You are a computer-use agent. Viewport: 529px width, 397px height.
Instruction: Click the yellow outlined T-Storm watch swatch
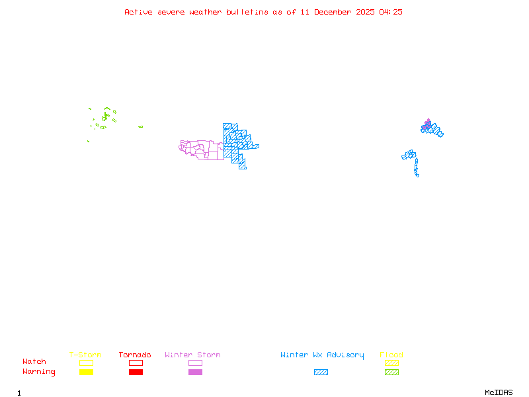click(86, 363)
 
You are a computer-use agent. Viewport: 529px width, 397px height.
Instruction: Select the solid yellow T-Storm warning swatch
click(86, 373)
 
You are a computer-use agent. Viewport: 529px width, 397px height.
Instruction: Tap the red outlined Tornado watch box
click(136, 363)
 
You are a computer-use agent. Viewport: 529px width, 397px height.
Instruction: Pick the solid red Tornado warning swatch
click(136, 373)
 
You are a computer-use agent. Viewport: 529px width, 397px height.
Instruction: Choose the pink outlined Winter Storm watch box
click(195, 363)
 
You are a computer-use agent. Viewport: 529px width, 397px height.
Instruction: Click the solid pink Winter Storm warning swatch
click(195, 373)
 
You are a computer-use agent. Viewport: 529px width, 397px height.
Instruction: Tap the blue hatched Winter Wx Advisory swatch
click(321, 373)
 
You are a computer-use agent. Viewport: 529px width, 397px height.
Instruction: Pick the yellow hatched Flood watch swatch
click(391, 363)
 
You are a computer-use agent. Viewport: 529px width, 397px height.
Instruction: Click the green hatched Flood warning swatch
click(391, 373)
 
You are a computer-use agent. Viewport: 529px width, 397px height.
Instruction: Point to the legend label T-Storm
click(85, 355)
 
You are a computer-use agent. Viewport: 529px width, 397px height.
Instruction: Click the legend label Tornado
click(135, 355)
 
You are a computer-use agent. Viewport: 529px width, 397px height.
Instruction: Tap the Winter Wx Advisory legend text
click(322, 355)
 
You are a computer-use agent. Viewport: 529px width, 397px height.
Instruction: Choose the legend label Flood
click(391, 355)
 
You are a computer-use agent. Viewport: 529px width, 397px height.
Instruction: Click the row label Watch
click(34, 362)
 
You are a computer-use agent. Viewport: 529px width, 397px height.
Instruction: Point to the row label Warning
click(39, 372)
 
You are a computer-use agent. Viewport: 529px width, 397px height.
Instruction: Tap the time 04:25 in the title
click(391, 12)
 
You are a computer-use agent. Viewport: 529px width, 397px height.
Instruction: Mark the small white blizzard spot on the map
click(419, 175)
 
